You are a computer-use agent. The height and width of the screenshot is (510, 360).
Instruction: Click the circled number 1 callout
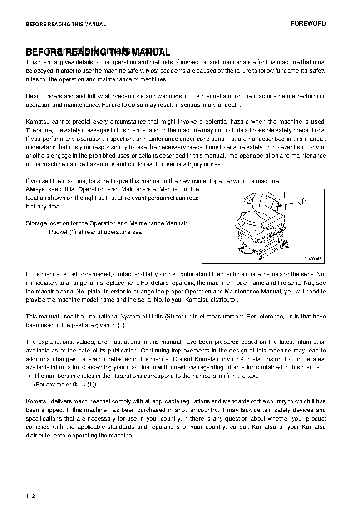coord(303,202)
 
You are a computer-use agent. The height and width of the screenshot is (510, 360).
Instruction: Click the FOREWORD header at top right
coord(308,24)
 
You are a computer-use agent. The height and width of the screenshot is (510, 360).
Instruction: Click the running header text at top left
coord(66,25)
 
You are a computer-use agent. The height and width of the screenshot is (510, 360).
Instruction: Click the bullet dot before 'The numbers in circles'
coord(29,376)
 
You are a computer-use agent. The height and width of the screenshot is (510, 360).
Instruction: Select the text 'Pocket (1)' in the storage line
coord(63,232)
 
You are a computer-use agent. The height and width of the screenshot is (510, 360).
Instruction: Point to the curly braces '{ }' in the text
coord(121,325)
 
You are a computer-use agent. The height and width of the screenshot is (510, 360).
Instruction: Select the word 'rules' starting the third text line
coord(33,79)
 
